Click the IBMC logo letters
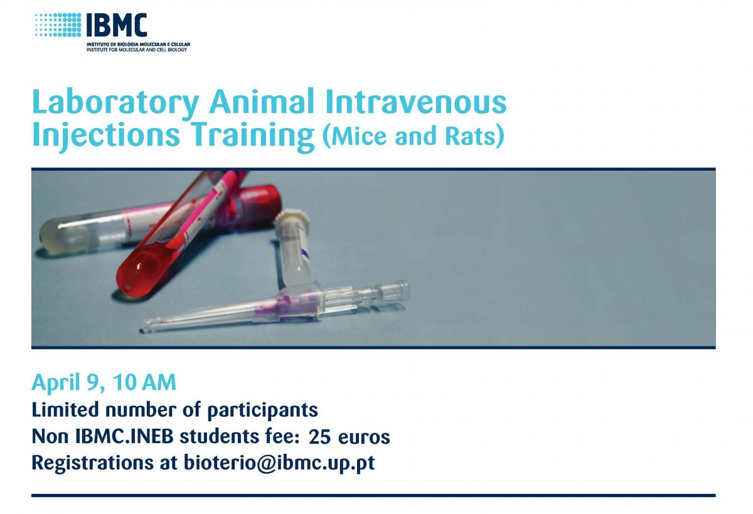tap(117, 25)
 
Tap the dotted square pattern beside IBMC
tap(58, 25)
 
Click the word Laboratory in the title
tap(115, 103)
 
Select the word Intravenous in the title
tap(415, 101)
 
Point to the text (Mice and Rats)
tap(414, 136)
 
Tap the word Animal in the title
tap(262, 101)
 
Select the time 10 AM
tap(144, 382)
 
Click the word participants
tap(262, 411)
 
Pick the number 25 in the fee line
tap(319, 437)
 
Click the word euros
tap(364, 437)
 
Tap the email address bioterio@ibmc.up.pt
tap(279, 463)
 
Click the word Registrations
tap(93, 464)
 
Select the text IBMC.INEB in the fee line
tap(124, 436)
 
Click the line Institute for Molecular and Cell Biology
tap(137, 50)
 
